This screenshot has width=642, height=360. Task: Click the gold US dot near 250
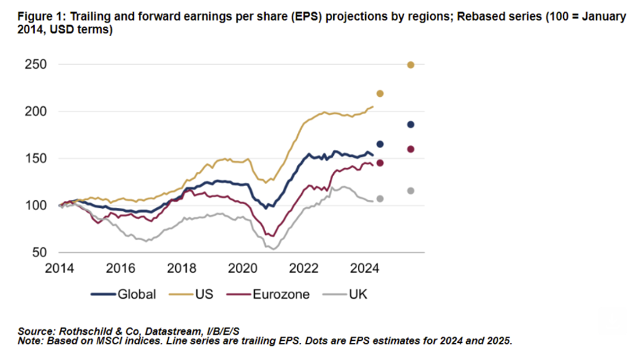click(x=411, y=65)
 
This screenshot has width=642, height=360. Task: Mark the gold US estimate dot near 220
click(x=380, y=93)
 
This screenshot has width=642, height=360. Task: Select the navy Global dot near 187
click(x=411, y=124)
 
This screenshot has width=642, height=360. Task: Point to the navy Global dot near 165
click(x=380, y=144)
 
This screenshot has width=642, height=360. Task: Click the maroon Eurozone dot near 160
click(x=411, y=149)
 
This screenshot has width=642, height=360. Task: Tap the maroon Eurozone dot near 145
click(x=380, y=163)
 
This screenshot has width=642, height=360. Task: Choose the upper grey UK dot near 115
click(x=411, y=191)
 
